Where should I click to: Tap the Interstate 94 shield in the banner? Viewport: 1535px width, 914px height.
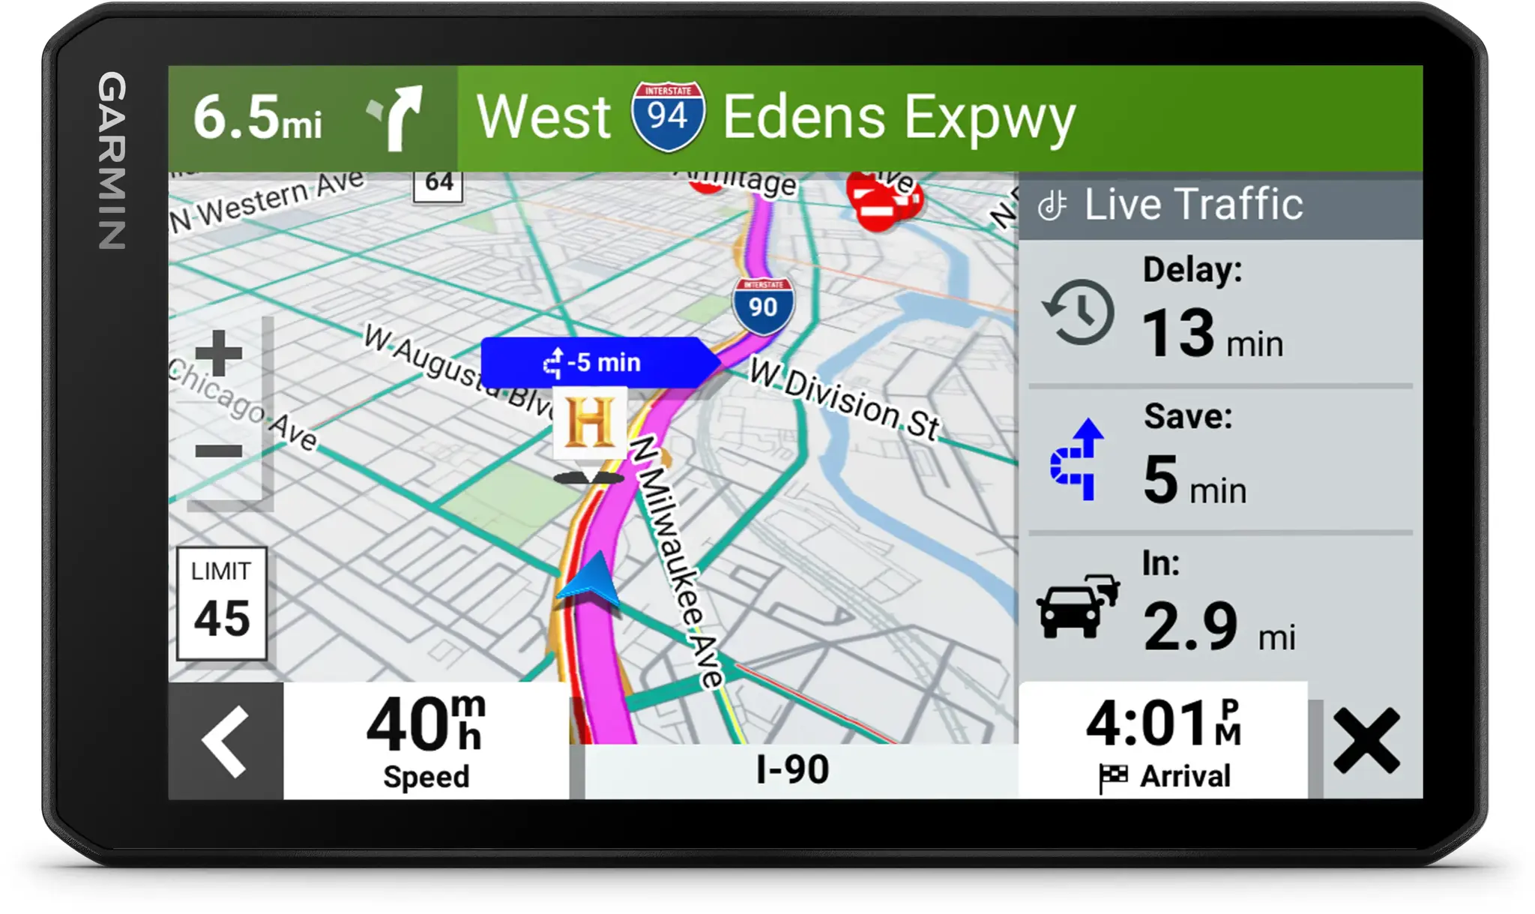(667, 116)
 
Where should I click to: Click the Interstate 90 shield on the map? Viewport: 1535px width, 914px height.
(763, 304)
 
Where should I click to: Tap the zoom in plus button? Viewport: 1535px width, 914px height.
(218, 353)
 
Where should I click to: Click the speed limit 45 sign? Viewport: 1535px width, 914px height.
(221, 604)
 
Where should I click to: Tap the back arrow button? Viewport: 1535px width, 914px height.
(226, 741)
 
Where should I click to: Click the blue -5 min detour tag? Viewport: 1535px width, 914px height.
(596, 362)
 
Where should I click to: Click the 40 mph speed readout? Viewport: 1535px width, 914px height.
(426, 739)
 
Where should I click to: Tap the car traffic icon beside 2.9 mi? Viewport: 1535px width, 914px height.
(1078, 606)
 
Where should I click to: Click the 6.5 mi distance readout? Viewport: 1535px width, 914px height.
(257, 118)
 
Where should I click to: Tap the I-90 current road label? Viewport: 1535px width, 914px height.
(792, 769)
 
